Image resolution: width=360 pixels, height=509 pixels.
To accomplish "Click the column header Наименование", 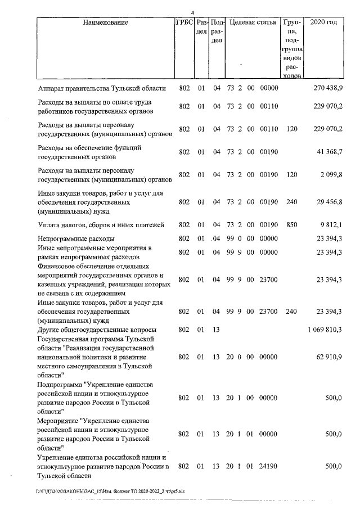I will (106, 23).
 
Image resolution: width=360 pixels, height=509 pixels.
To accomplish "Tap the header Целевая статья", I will (253, 23).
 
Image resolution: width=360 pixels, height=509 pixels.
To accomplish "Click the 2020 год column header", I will (327, 23).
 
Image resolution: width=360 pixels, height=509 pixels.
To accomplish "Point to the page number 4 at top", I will (192, 12).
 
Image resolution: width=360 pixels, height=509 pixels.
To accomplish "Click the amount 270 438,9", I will (327, 88).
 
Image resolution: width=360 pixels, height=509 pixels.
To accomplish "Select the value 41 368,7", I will (328, 152).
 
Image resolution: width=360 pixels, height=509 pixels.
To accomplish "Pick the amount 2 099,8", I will (330, 175).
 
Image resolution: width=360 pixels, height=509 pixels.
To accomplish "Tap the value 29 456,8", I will (328, 201).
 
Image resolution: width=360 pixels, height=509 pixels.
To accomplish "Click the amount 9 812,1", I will (330, 225).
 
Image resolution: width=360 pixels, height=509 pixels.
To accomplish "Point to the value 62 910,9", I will (328, 357).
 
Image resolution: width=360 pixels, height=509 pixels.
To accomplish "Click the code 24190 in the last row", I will (270, 466).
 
